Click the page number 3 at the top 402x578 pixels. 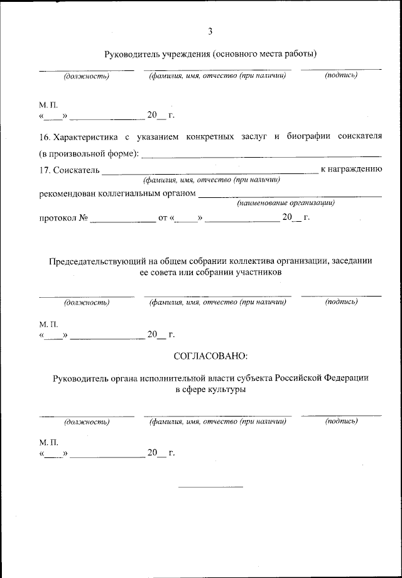[x=210, y=31]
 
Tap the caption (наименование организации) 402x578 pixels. [x=285, y=204]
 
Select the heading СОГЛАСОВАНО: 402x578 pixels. [x=210, y=356]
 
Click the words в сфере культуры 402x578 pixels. [x=210, y=390]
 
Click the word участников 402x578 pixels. [x=261, y=273]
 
